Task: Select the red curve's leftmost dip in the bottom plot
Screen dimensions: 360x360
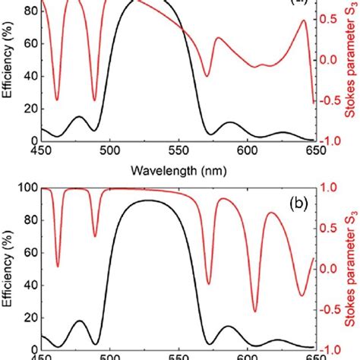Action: point(58,266)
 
